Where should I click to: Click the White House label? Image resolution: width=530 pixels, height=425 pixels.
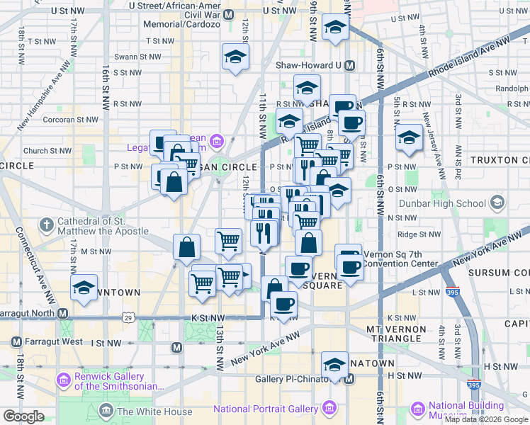pos(154,412)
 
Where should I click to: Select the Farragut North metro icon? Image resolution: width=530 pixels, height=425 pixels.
pos(63,313)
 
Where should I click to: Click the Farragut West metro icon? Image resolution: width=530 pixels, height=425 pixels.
pos(15,341)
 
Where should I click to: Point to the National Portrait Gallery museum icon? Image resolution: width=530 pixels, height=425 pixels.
pos(329,409)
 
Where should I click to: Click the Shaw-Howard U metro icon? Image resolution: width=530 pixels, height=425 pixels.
pos(349,64)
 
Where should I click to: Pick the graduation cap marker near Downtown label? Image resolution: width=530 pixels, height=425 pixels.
pos(84,288)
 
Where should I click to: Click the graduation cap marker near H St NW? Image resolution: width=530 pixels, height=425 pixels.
pos(334,365)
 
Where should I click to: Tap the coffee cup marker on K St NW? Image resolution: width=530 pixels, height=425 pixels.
pos(284,305)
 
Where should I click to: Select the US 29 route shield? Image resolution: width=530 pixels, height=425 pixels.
pos(128,318)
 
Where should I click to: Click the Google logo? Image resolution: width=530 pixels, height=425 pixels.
pos(23,416)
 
